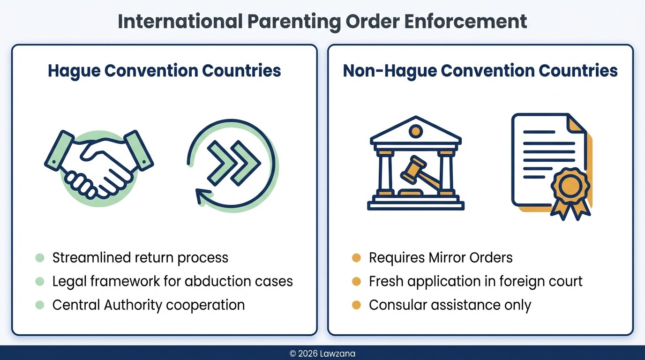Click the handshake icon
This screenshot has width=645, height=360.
pos(98,164)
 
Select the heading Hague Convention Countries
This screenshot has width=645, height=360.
pos(164,71)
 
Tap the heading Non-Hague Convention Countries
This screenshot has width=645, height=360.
pos(480,71)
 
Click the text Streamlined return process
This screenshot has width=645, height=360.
pos(140,257)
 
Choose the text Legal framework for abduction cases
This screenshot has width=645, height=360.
pos(172,281)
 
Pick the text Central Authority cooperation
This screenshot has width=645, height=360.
pos(148,305)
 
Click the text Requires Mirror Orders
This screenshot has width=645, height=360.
pos(441,257)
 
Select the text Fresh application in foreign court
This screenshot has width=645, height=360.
pos(475,281)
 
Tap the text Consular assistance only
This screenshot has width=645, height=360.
pos(450,305)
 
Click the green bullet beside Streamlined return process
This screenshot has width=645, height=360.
pos(40,257)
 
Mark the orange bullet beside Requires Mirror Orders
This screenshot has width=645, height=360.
pos(357,257)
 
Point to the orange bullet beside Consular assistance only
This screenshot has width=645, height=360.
pos(357,305)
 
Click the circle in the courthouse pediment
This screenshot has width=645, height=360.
pos(415,131)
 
